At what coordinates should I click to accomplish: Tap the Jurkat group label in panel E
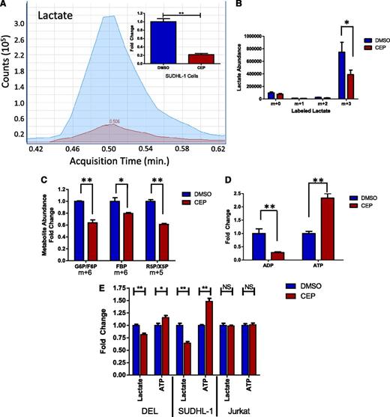[244, 409]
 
